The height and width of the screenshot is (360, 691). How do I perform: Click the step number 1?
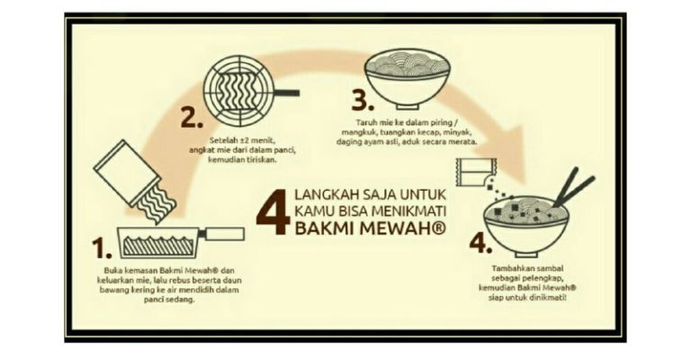coord(101,248)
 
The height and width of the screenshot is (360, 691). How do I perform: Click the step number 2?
coord(193,117)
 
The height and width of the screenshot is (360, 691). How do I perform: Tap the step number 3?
coord(363,101)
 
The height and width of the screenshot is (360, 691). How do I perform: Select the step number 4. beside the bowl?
coord(480,244)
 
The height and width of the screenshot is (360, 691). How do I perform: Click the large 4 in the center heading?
coord(274,211)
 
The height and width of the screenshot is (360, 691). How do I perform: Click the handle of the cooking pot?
coord(224,233)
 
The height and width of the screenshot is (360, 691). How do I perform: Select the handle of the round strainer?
coord(285,93)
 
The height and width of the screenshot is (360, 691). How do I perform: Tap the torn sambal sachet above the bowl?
coord(476,172)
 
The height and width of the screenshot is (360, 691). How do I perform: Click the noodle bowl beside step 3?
coord(407,78)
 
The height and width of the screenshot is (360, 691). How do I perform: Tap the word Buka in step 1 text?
coord(112,270)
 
